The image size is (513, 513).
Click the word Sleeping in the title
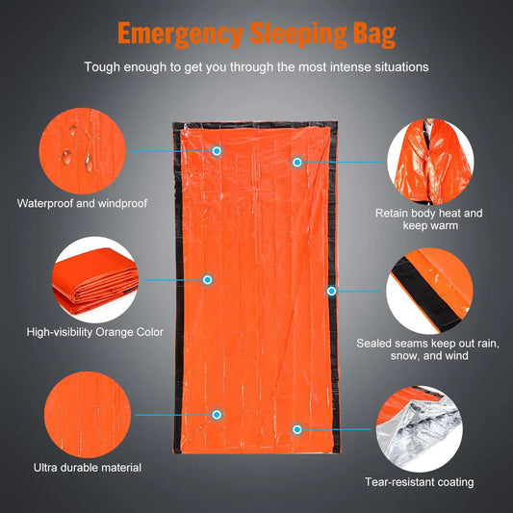click(x=286, y=34)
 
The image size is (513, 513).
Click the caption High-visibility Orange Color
click(x=95, y=332)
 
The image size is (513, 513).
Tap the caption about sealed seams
click(x=434, y=349)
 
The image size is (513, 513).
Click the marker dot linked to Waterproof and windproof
click(x=217, y=151)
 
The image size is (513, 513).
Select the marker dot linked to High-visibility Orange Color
click(x=206, y=279)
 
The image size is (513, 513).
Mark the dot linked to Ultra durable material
click(x=217, y=414)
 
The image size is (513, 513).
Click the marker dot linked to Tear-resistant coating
click(x=297, y=428)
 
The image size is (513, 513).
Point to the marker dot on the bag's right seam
click(x=331, y=291)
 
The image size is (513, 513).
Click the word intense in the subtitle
click(x=350, y=67)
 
